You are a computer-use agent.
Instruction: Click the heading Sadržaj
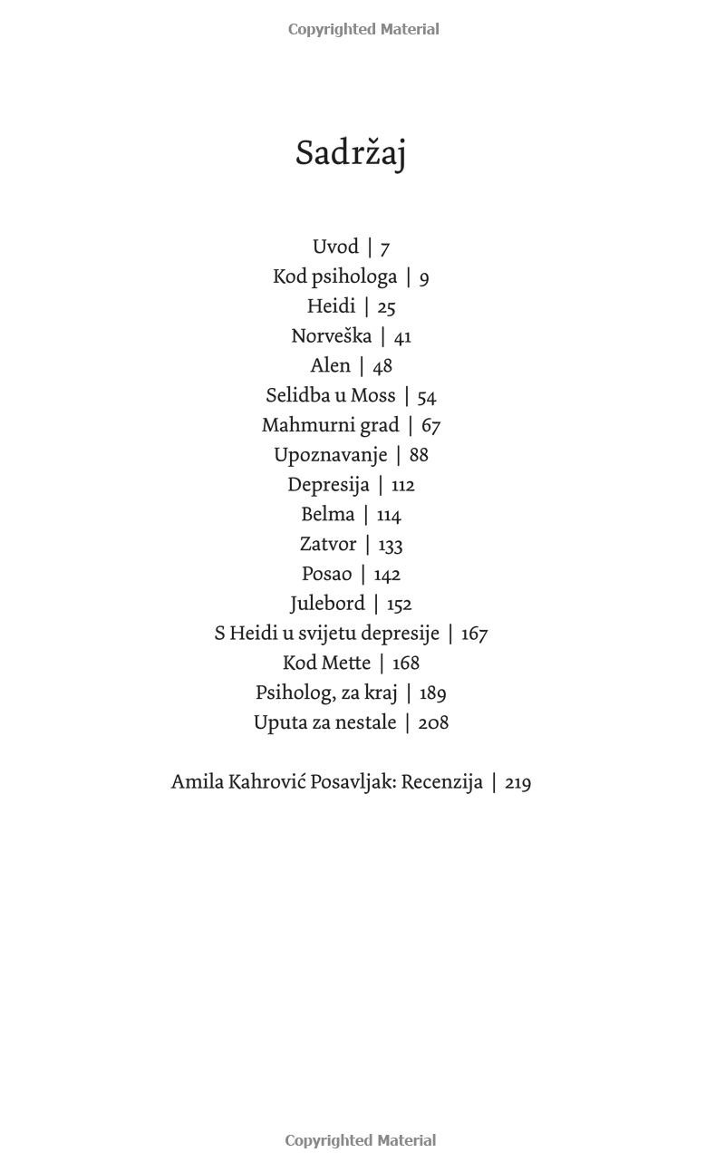[x=351, y=153]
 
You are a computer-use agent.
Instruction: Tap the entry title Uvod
[x=335, y=247]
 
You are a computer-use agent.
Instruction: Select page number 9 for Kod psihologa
[x=424, y=278]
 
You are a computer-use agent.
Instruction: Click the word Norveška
[x=331, y=336]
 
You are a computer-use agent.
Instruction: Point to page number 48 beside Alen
[x=382, y=366]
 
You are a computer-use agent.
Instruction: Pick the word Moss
[x=373, y=396]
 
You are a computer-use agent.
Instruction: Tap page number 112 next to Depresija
[x=403, y=486]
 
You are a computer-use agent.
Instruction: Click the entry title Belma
[x=327, y=515]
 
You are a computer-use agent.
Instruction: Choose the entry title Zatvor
[x=327, y=545]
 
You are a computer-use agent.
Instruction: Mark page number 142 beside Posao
[x=387, y=575]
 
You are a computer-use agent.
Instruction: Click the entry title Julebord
[x=327, y=604]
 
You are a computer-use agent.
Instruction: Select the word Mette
[x=346, y=663]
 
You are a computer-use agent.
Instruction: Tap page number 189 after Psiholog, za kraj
[x=433, y=693]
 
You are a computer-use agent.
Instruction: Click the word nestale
[x=367, y=723]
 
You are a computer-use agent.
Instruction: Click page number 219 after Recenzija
[x=517, y=783]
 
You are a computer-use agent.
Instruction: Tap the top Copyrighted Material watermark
[x=363, y=30]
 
